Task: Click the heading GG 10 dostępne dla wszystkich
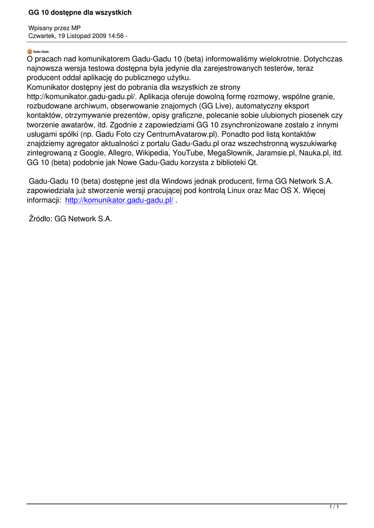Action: coord(80,12)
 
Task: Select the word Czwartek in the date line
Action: coord(42,36)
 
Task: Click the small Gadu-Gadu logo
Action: coord(38,51)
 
